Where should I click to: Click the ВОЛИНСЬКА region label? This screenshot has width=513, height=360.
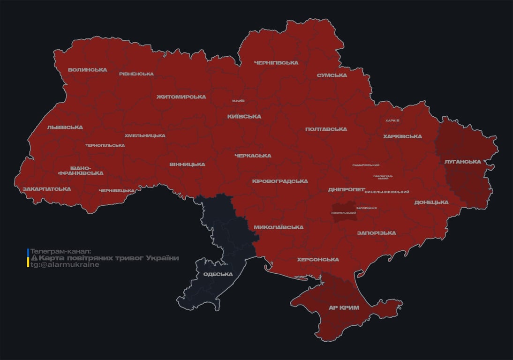pos(87,70)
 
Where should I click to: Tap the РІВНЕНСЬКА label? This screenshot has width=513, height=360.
pos(136,74)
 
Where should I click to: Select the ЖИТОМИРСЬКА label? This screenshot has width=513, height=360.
pos(181,97)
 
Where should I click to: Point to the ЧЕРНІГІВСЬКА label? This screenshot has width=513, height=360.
pos(276,63)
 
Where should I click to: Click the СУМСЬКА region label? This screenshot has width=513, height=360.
pos(332,75)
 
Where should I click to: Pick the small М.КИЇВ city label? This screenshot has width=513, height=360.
pos(238,101)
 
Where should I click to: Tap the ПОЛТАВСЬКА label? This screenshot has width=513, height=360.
pos(326,129)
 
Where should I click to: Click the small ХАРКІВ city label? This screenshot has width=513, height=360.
pos(392,120)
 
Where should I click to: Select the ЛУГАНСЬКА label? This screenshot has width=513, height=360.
pos(462,162)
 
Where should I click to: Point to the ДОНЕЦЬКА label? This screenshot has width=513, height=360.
pos(431,202)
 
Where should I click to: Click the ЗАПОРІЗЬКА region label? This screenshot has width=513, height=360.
pos(376,233)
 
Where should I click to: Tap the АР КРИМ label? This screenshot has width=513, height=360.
pos(344,308)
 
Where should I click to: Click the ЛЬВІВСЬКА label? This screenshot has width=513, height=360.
pos(65,127)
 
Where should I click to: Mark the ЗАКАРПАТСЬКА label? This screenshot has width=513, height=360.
pos(46,189)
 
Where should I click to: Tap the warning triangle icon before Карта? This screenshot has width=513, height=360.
pos(34,258)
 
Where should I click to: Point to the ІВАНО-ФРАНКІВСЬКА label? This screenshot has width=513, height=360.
pos(81,171)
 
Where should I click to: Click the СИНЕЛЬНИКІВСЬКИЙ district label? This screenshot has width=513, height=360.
pos(386,192)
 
